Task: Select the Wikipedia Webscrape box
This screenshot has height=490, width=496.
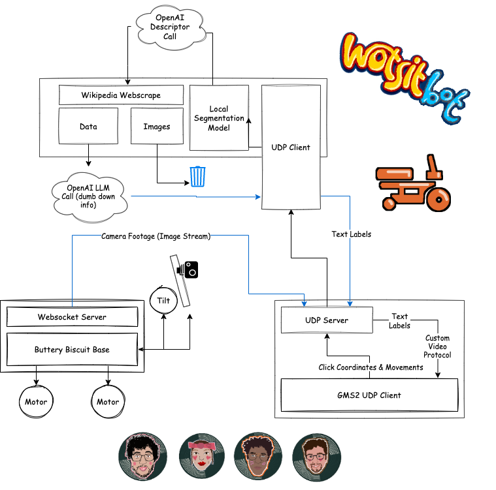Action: (x=121, y=95)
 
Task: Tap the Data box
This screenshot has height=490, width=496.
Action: (x=88, y=126)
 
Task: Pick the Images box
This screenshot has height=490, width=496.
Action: (x=157, y=126)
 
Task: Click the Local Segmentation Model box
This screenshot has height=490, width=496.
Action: (x=219, y=118)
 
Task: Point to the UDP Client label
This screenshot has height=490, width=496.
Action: (x=291, y=147)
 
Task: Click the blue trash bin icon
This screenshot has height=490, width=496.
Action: (x=198, y=176)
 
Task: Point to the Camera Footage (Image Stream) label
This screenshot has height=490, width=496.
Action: (x=156, y=237)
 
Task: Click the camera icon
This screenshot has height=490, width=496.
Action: (x=190, y=268)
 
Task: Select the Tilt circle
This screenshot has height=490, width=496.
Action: (x=163, y=301)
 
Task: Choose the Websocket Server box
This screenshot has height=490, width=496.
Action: (x=72, y=317)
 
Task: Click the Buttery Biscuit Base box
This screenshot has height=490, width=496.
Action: (x=72, y=350)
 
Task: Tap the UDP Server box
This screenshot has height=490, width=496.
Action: (x=327, y=320)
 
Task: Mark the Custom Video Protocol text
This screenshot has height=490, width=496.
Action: (x=438, y=346)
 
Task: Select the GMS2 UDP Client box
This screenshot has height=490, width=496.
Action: (x=369, y=395)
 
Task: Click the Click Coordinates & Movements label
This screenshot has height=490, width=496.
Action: (x=371, y=367)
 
